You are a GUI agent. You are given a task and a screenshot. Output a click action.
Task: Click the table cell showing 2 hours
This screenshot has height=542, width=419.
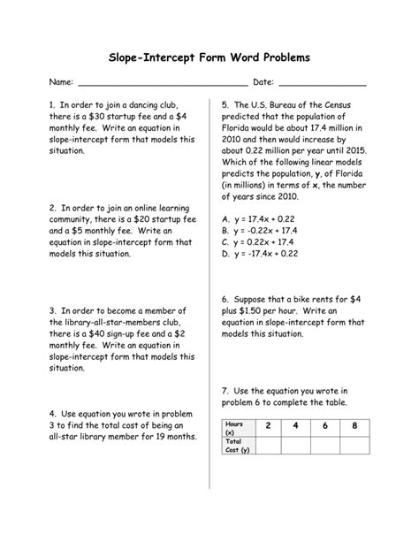(267, 426)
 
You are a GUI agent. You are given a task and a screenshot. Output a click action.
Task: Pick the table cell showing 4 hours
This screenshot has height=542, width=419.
(296, 426)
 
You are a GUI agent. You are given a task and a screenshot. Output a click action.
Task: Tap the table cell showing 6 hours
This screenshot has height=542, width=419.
(325, 426)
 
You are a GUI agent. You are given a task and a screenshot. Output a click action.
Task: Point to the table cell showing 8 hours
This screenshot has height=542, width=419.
(354, 426)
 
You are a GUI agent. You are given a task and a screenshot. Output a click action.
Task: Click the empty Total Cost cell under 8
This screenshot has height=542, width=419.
(354, 445)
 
